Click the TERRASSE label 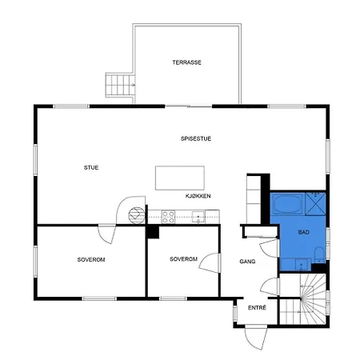point(186,62)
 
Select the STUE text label point(91,167)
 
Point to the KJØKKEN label point(198,195)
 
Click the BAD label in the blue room point(303,232)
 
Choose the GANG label point(247,262)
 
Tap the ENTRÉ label point(256,308)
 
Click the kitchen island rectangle point(180,176)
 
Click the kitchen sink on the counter point(197,214)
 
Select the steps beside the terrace point(119,83)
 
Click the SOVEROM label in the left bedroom point(91,260)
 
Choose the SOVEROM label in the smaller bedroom point(184,259)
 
